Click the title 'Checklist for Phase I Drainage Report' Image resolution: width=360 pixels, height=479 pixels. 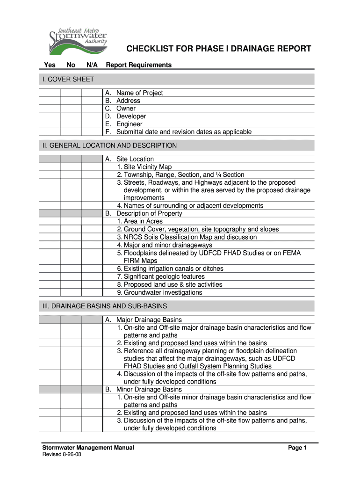[217, 49]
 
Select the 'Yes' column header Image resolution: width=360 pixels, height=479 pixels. [50, 65]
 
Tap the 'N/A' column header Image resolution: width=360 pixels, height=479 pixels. [92, 65]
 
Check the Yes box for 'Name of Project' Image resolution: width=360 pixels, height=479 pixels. [50, 93]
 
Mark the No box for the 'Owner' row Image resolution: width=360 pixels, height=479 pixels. [71, 109]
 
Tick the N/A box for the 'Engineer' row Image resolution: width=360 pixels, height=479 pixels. [92, 124]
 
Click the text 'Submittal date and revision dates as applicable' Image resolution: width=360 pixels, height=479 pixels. [184, 132]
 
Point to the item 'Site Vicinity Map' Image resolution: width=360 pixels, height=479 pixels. [144, 167]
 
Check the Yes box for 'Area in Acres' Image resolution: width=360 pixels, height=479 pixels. [50, 221]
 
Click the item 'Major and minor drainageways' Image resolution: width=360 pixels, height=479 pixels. [165, 245]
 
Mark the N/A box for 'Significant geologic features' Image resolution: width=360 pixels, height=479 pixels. [92, 276]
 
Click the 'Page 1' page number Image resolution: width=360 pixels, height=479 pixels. [297, 448]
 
